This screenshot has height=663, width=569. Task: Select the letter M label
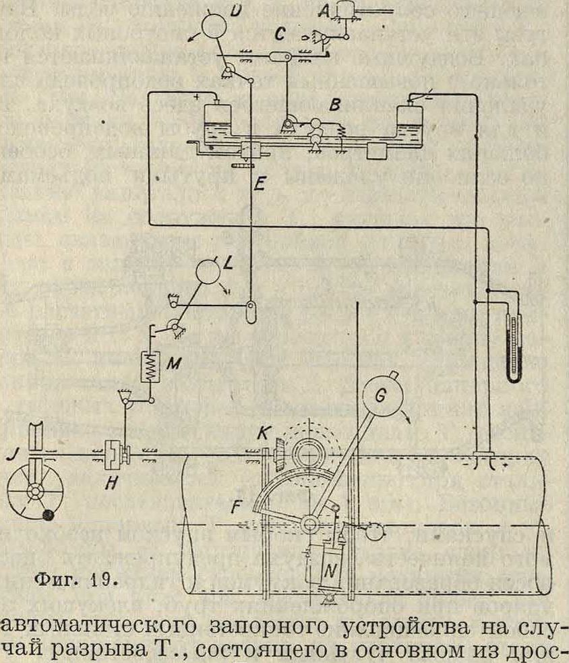tap(173, 365)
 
